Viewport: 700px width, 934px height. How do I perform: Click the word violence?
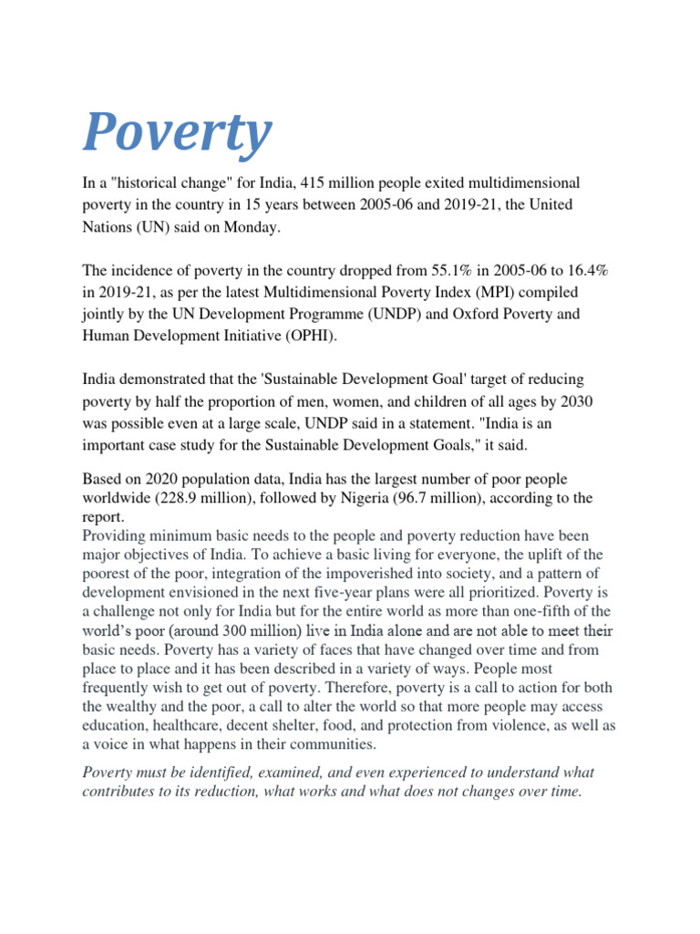(x=526, y=726)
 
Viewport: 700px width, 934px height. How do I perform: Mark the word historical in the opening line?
(x=139, y=183)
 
